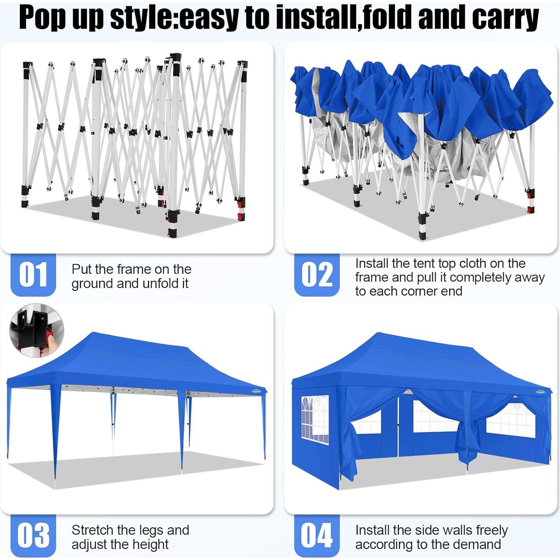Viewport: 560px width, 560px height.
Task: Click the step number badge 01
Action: (x=33, y=274)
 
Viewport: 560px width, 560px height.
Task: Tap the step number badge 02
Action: (x=317, y=274)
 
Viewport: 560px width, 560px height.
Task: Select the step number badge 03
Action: (x=33, y=535)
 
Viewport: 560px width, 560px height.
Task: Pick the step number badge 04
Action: (x=317, y=535)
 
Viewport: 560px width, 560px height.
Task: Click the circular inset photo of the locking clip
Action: (x=37, y=330)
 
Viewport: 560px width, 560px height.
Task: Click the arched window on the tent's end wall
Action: (x=315, y=420)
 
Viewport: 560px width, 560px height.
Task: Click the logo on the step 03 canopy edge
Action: (x=256, y=391)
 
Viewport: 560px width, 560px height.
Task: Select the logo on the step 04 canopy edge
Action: (x=540, y=392)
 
